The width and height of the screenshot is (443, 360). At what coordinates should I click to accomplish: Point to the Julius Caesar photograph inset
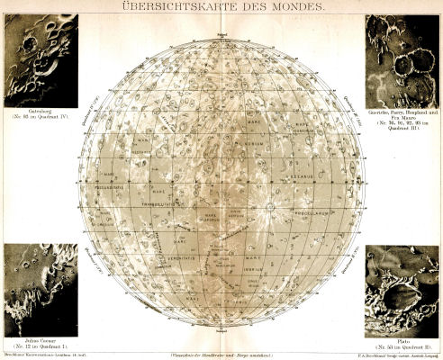40,289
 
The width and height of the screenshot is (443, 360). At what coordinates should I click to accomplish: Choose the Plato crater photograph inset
402,289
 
